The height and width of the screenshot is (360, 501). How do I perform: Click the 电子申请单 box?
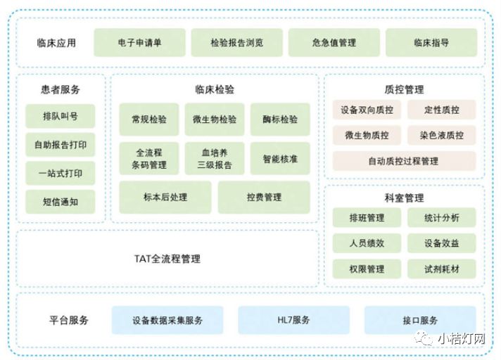tap(139, 43)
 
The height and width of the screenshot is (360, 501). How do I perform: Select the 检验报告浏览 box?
tap(236, 43)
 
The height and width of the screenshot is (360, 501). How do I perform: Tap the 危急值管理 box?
tap(334, 43)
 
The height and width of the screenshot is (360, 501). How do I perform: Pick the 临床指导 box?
tap(431, 43)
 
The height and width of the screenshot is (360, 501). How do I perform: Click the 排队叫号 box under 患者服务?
tap(60, 117)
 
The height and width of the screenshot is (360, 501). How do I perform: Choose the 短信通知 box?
tap(60, 202)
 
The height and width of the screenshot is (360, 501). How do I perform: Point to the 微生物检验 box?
tap(215, 120)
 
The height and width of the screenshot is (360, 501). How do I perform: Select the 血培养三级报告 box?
tap(215, 159)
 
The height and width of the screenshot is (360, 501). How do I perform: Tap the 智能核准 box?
tap(279, 159)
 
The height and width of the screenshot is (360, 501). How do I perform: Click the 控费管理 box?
tap(263, 198)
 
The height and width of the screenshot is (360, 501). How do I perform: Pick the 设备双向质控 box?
tap(367, 110)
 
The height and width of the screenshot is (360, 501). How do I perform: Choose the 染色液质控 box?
tap(441, 135)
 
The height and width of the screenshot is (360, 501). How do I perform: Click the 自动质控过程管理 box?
tap(403, 161)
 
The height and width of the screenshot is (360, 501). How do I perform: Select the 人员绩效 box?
tap(367, 243)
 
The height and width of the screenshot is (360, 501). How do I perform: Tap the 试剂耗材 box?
tap(441, 269)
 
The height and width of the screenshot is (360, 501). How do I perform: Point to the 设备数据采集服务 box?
tap(167, 320)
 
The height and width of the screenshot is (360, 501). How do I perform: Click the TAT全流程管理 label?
tap(167, 259)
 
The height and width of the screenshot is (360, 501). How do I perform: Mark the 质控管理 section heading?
tap(404, 89)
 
